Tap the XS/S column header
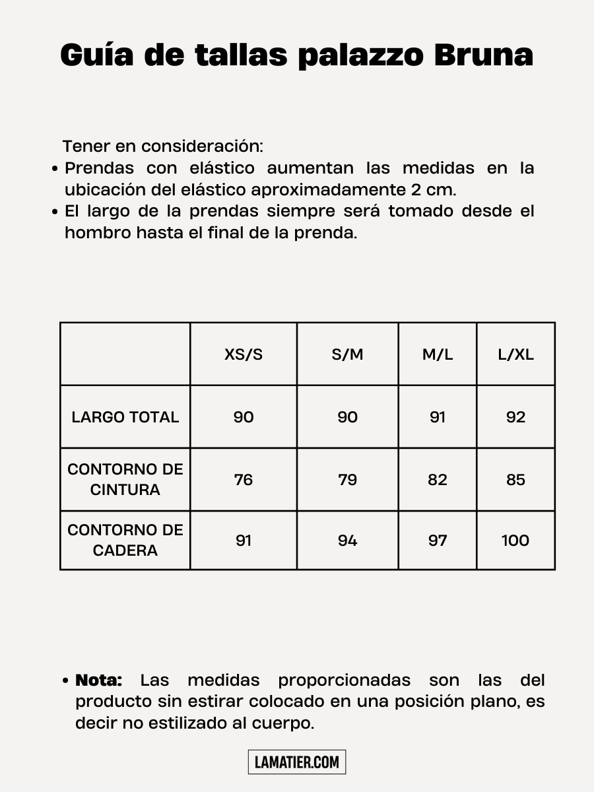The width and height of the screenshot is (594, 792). point(244,354)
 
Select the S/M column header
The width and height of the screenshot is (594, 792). point(347,354)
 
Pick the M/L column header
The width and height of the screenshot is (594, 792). point(438,354)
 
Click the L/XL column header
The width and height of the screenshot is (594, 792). point(515,354)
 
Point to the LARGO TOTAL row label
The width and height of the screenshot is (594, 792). point(125,417)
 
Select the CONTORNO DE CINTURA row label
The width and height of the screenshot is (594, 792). point(125,480)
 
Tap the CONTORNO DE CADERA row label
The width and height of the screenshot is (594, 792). point(125,540)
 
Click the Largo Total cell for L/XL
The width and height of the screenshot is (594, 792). point(515,417)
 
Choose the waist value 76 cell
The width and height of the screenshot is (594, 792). point(244,480)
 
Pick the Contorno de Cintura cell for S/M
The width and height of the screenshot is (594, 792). point(347,480)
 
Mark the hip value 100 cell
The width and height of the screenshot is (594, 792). point(515,541)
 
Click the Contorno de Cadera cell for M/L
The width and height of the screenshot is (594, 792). point(438,541)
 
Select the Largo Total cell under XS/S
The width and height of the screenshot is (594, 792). point(244,417)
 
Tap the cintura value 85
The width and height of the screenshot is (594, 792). point(515,480)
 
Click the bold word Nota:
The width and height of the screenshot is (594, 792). point(99,680)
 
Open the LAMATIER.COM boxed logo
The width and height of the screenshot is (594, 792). point(297,762)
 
